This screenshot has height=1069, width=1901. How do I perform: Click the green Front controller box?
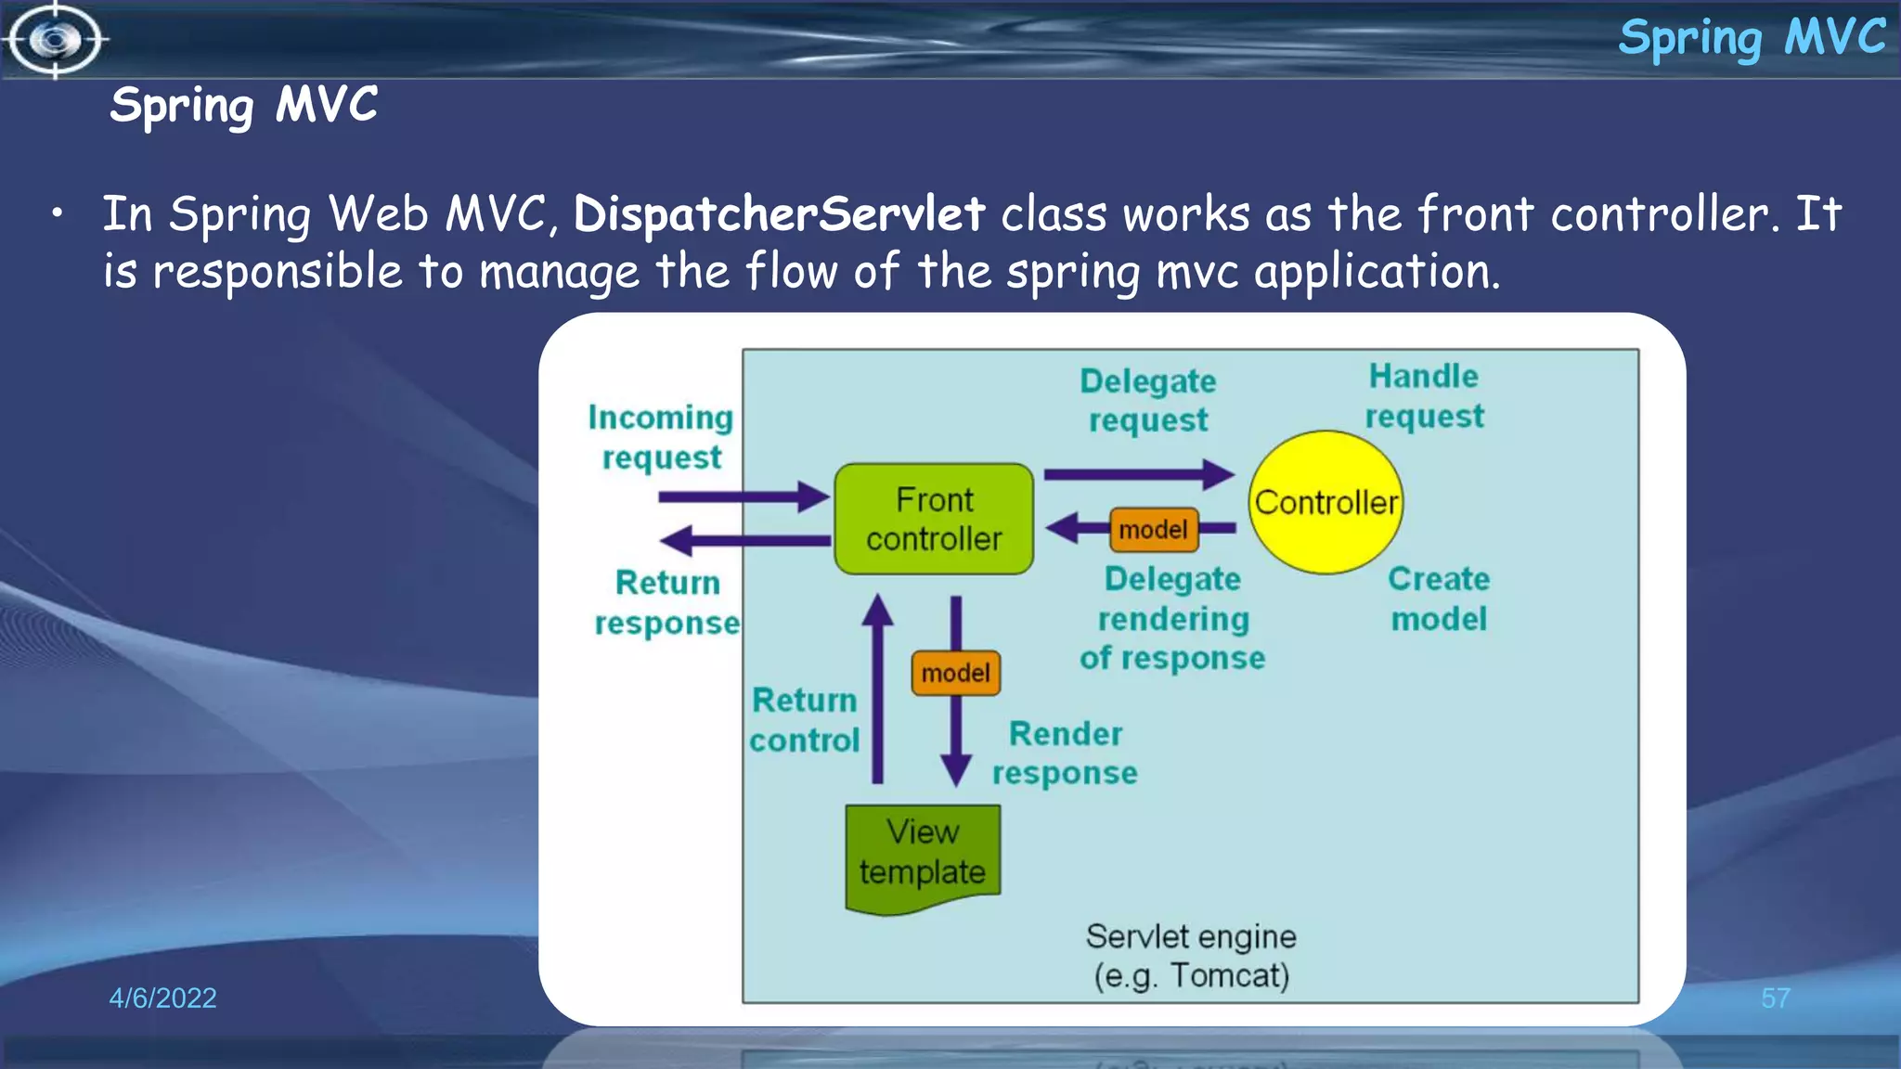tap(934, 519)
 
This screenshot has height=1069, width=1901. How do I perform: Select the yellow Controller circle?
tap(1326, 502)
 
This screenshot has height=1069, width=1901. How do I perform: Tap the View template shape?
tap(923, 855)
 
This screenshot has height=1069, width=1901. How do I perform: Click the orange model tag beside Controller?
tap(1153, 529)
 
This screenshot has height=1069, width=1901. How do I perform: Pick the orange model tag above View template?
tap(955, 673)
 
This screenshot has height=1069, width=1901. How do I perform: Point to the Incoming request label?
tap(661, 437)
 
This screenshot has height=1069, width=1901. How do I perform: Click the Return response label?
tap(667, 602)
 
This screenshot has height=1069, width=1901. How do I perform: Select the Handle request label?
tap(1424, 396)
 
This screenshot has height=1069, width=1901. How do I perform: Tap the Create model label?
tap(1439, 599)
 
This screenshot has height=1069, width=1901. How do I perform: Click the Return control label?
tap(804, 720)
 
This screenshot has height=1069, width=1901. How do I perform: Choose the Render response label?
tap(1065, 753)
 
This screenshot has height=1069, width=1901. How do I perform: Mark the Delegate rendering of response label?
tap(1172, 618)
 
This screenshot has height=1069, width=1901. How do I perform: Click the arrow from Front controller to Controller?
tap(1138, 474)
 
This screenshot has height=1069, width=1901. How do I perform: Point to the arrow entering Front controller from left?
tap(743, 496)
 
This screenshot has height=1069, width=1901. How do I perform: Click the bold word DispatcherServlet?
tap(778, 214)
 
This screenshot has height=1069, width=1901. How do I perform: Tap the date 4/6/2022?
tap(162, 998)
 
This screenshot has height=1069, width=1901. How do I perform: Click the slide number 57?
tap(1775, 998)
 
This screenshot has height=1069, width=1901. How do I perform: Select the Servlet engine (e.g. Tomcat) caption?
tap(1191, 956)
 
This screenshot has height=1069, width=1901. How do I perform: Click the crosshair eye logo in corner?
tap(55, 40)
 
